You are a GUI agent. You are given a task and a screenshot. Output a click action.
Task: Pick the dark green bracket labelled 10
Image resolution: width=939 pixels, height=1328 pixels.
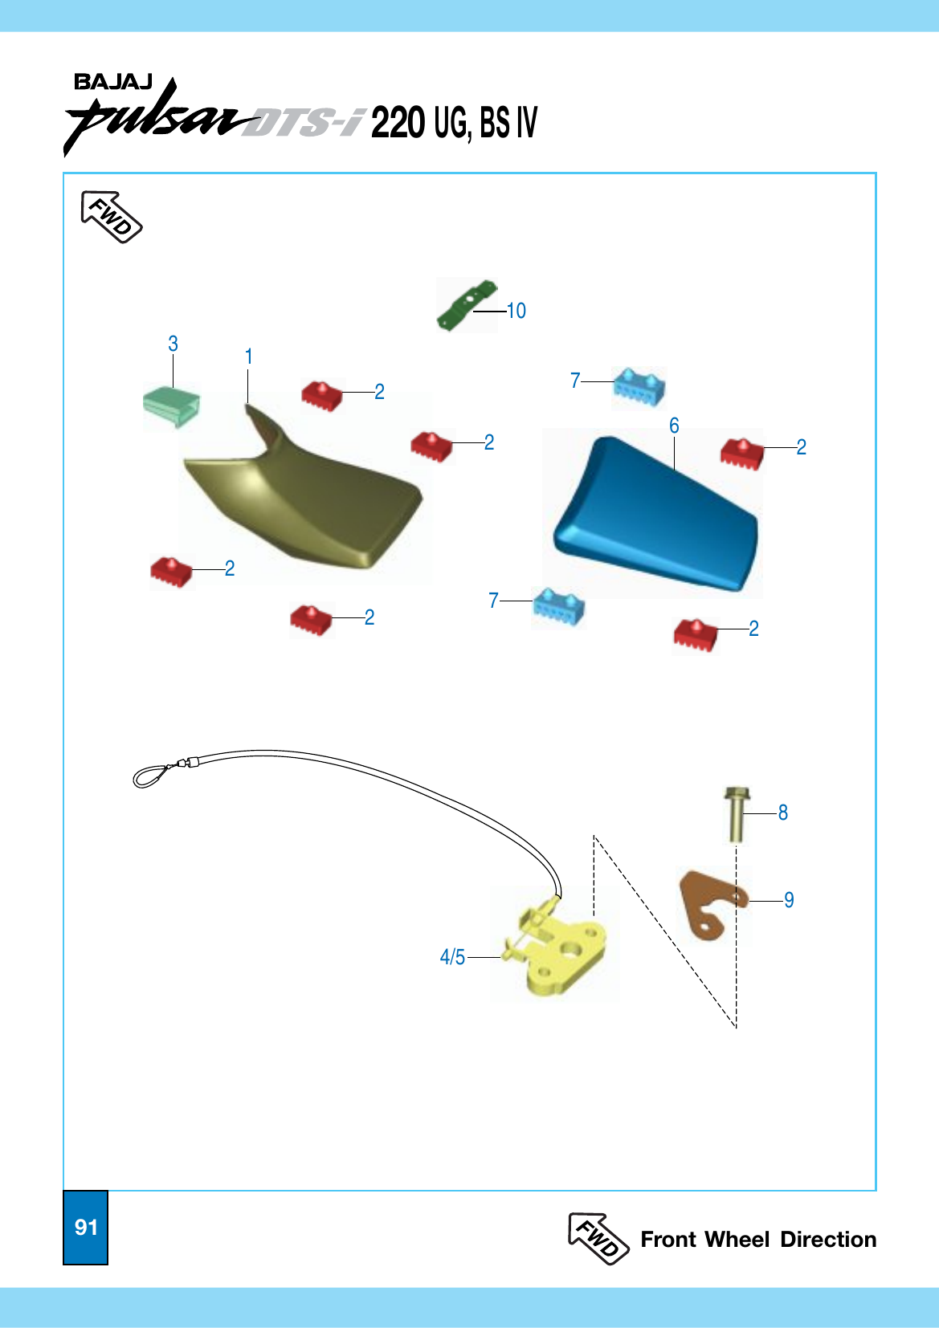(466, 305)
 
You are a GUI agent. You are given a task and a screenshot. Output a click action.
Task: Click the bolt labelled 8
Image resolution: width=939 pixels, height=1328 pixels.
(737, 813)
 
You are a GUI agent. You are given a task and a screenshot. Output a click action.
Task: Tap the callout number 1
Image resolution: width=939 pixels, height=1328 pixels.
(249, 357)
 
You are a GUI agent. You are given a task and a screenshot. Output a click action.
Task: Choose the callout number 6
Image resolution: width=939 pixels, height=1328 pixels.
(674, 426)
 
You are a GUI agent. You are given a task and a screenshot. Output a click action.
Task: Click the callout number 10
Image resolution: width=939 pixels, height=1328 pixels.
(516, 312)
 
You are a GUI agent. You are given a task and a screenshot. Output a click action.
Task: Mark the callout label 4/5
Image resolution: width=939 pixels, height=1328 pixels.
(452, 957)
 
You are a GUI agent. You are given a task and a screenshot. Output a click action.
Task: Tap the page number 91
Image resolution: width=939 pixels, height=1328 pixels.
(86, 1227)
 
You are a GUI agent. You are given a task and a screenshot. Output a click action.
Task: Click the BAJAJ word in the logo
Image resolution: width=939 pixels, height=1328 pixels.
(113, 82)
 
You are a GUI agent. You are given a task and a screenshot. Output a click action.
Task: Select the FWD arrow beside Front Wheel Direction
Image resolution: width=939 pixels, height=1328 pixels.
(598, 1239)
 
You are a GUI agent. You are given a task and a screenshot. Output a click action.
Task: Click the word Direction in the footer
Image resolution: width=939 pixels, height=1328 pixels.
(828, 1240)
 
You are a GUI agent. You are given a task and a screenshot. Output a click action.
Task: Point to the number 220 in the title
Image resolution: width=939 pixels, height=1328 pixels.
(398, 123)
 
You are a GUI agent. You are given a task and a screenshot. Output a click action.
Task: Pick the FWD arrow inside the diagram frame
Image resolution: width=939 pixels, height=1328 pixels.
(111, 217)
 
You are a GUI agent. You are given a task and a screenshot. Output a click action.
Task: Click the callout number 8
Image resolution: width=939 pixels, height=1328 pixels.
(783, 813)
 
